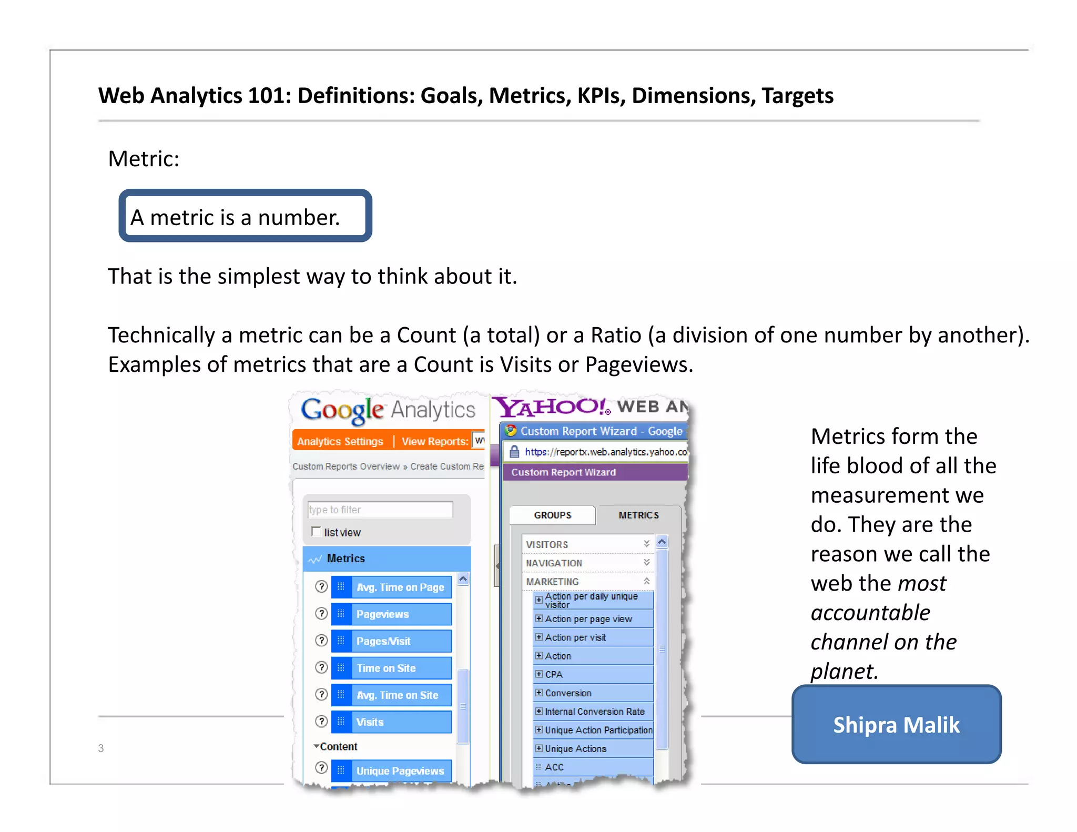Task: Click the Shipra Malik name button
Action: point(896,724)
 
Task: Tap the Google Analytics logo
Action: point(388,410)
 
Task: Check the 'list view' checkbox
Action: point(316,531)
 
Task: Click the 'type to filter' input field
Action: point(380,509)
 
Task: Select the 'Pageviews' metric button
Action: point(391,614)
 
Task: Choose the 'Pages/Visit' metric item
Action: point(391,641)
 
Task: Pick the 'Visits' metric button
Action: point(391,722)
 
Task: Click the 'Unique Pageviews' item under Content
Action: point(391,770)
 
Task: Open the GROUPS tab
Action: point(552,515)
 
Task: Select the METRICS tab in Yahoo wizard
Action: point(638,515)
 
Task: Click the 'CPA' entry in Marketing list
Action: point(554,674)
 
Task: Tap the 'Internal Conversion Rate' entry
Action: point(594,712)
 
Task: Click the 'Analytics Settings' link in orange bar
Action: point(340,441)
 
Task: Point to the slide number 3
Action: point(101,748)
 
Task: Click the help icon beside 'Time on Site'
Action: point(321,667)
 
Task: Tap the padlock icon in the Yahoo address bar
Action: point(514,452)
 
